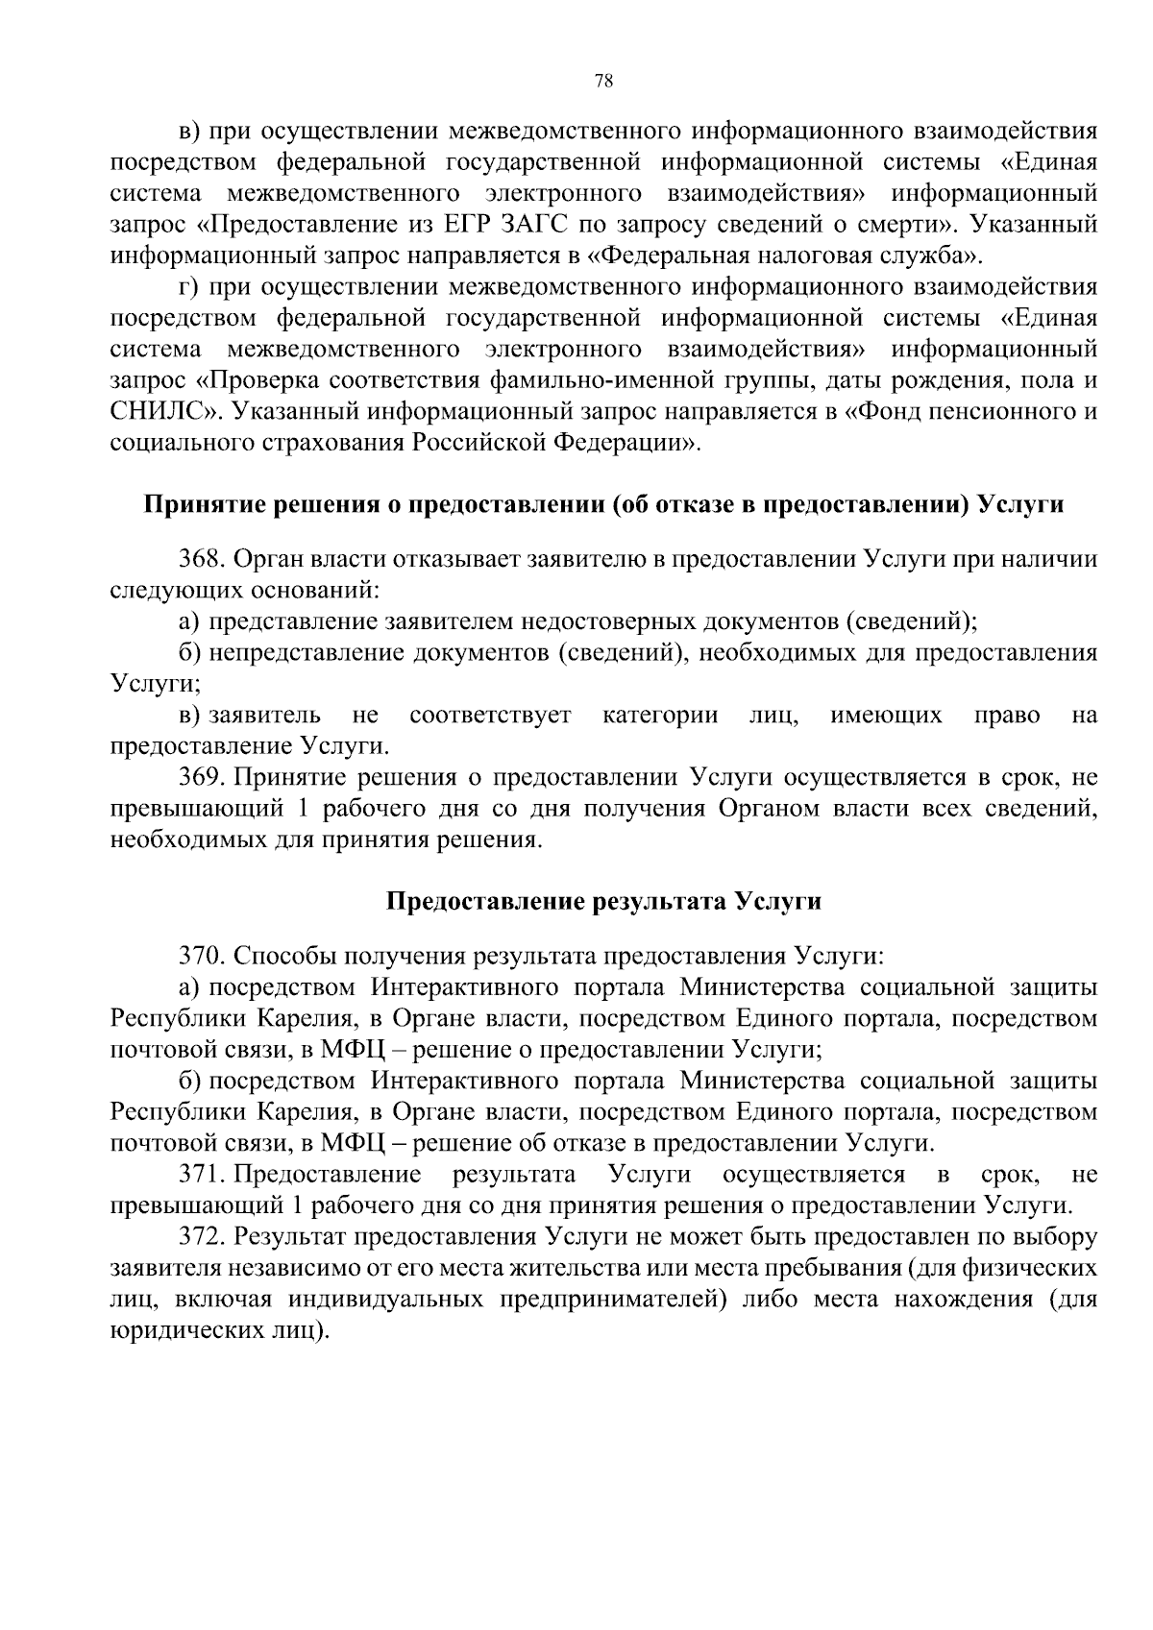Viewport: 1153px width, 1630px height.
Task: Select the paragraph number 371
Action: [200, 1175]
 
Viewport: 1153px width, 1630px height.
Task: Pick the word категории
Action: [660, 716]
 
